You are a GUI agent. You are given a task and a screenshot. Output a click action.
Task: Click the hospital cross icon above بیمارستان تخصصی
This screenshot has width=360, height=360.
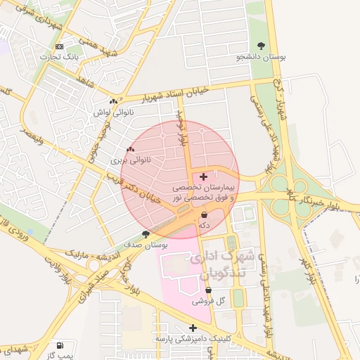pyautogui.click(x=204, y=176)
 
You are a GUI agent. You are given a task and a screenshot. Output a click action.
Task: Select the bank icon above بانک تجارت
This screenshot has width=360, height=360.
pyautogui.click(x=59, y=46)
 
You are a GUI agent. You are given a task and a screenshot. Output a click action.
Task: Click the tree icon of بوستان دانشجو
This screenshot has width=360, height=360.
pyautogui.click(x=262, y=46)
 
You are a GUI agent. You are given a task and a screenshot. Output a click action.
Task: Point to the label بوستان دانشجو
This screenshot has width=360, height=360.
pyautogui.click(x=261, y=56)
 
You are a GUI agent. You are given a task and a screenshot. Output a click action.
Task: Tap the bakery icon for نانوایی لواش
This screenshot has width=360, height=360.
pyautogui.click(x=113, y=102)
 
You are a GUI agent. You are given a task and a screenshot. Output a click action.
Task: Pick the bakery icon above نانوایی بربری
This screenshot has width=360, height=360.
pyautogui.click(x=130, y=150)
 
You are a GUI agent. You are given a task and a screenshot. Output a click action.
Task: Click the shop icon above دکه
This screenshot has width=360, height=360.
pyautogui.click(x=204, y=215)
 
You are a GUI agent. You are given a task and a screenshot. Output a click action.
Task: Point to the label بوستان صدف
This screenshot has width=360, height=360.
pyautogui.click(x=145, y=244)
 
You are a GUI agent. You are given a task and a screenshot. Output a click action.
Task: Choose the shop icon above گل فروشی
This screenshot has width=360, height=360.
pyautogui.click(x=208, y=290)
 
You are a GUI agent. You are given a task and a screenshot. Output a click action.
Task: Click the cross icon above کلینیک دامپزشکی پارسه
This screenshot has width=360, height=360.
pyautogui.click(x=193, y=328)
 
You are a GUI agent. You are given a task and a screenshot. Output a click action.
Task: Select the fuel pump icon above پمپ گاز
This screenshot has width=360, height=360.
pyautogui.click(x=60, y=346)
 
